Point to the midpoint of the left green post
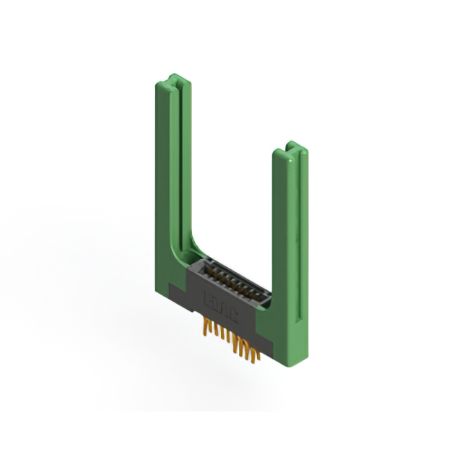(170, 173)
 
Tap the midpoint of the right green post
(290, 245)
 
